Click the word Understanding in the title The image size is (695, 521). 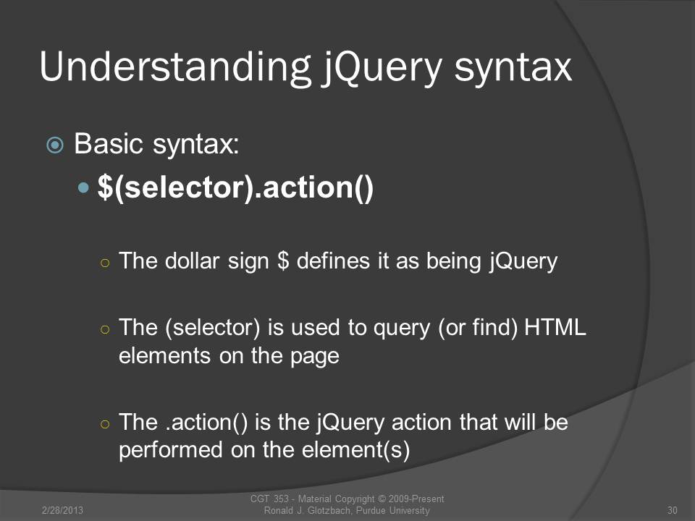pyautogui.click(x=175, y=67)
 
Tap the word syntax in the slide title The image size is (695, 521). pyautogui.click(x=513, y=69)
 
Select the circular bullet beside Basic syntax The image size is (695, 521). pyautogui.click(x=55, y=145)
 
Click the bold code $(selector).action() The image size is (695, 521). pyautogui.click(x=235, y=188)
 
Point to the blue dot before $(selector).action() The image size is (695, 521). pyautogui.click(x=83, y=188)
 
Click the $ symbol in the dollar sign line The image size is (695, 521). pyautogui.click(x=283, y=260)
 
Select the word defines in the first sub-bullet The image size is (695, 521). pyautogui.click(x=333, y=260)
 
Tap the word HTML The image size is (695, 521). pyautogui.click(x=555, y=327)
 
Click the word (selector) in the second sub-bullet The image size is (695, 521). pyautogui.click(x=213, y=329)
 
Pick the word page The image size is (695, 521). pyautogui.click(x=315, y=356)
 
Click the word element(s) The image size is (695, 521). pyautogui.click(x=355, y=450)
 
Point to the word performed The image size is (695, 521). pyautogui.click(x=171, y=450)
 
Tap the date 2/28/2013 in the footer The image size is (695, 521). pyautogui.click(x=62, y=510)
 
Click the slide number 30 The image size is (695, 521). pyautogui.click(x=673, y=510)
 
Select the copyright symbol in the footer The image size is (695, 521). pyautogui.click(x=382, y=499)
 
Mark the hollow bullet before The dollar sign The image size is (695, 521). pyautogui.click(x=105, y=263)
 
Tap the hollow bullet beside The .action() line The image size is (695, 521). pyautogui.click(x=105, y=424)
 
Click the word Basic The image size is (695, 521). pyautogui.click(x=109, y=144)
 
